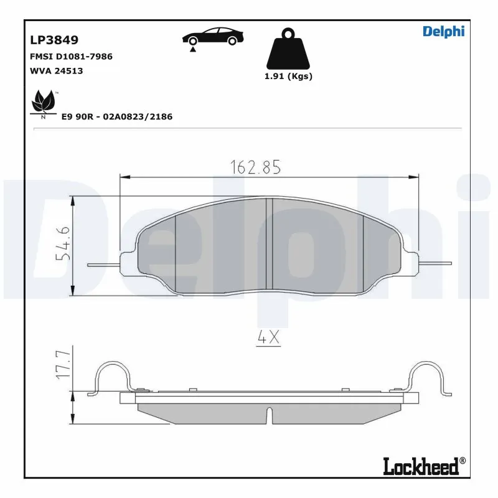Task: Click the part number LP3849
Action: click(54, 40)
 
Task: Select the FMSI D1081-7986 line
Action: click(71, 57)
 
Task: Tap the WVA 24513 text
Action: click(56, 71)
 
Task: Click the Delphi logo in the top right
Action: click(443, 32)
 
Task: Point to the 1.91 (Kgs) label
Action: click(288, 77)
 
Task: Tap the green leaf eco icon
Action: click(44, 102)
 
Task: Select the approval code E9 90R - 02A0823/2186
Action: click(116, 116)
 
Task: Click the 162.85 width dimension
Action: click(256, 167)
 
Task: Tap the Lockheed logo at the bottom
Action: click(423, 466)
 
